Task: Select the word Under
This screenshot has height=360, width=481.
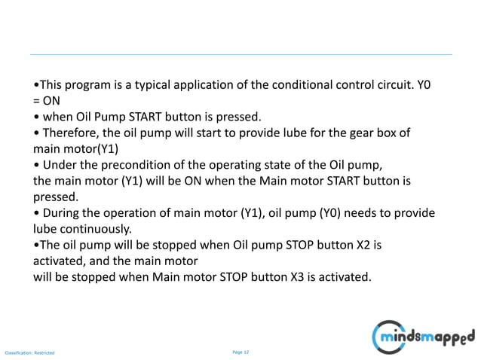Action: (x=62, y=165)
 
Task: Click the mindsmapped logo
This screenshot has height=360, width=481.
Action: (x=426, y=334)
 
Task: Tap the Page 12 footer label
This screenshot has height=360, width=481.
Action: (x=240, y=351)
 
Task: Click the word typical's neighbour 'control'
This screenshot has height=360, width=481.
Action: (x=335, y=84)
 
